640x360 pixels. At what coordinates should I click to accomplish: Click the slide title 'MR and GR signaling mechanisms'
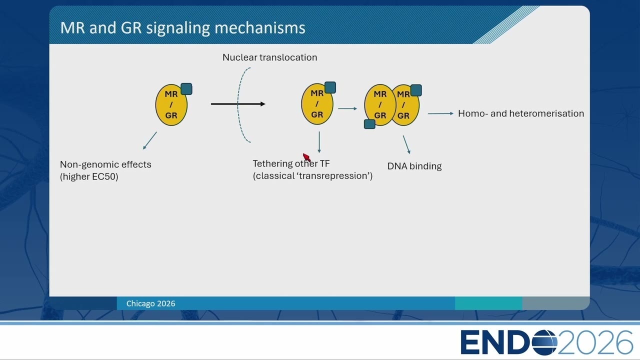(x=183, y=28)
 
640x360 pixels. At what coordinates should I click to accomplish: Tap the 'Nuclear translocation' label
(x=269, y=57)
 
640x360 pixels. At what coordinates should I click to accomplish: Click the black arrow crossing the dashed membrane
(x=238, y=104)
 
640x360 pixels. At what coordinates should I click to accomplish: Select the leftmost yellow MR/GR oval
(x=171, y=105)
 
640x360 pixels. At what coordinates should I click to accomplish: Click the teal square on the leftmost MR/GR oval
(x=186, y=89)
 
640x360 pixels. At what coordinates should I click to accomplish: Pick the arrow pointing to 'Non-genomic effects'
(x=149, y=140)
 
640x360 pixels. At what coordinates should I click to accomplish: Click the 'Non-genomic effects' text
(x=105, y=164)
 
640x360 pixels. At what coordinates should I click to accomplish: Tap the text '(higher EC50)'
(x=89, y=176)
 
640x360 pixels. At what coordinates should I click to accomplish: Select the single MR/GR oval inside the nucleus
(x=317, y=104)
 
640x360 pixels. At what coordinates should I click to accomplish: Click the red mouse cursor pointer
(x=306, y=157)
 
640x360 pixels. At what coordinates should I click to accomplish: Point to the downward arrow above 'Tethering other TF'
(x=319, y=142)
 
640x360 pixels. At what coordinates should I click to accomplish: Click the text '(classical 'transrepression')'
(x=312, y=176)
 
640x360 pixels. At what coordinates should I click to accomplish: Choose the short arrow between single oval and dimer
(x=347, y=108)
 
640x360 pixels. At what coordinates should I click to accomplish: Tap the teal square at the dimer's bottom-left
(x=369, y=124)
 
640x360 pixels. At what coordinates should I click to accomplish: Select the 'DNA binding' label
(x=414, y=166)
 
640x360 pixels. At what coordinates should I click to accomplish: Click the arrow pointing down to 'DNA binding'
(x=407, y=145)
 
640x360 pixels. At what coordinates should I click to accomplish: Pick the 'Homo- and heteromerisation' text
(x=521, y=113)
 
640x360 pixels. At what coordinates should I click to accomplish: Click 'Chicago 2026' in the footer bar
(x=151, y=303)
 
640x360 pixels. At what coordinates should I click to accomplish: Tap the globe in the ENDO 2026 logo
(x=545, y=342)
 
